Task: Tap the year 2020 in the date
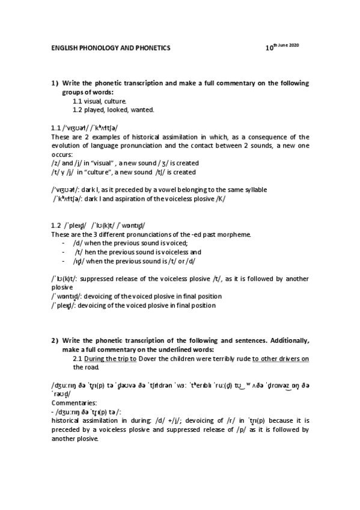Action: [294, 46]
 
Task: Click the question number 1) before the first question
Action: [55, 84]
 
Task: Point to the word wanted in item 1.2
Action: [142, 109]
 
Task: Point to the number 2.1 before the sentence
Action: [78, 358]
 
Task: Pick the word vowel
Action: [158, 189]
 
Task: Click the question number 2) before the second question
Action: [55, 341]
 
